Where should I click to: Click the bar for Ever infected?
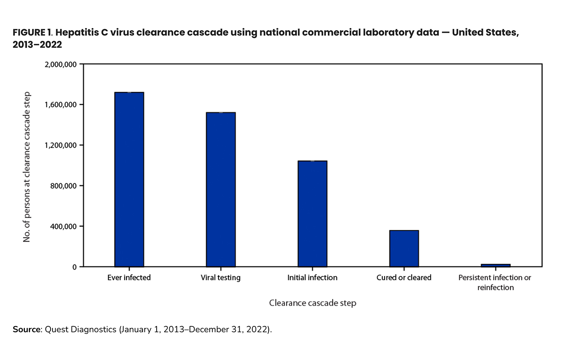pos(129,179)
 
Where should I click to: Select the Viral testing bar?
pos(221,190)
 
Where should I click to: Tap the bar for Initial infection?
pos(313,214)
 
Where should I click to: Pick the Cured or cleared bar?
pos(404,248)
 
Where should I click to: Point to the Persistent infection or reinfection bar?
pos(495,266)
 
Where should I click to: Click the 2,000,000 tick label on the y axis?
pos(61,64)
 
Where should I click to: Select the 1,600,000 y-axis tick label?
pos(61,105)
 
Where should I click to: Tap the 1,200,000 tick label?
pos(61,145)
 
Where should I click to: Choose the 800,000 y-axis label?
pos(63,186)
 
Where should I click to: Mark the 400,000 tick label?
pos(63,226)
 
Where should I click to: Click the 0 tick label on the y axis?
pos(74,267)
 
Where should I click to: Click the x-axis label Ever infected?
pos(129,278)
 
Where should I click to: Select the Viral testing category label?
pos(221,278)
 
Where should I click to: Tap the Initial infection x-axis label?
pos(312,278)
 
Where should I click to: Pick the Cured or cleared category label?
pos(404,278)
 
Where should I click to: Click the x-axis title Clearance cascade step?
pos(313,303)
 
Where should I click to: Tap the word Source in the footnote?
pos(26,329)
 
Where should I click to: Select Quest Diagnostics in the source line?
pos(81,329)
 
